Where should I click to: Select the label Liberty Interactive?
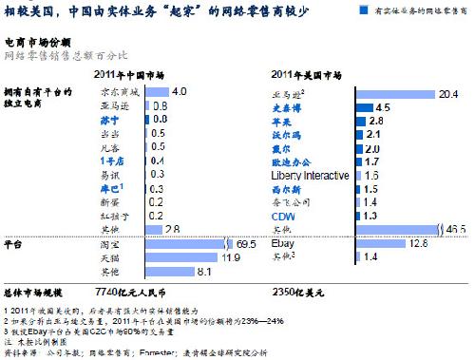pyautogui.click(x=318, y=176)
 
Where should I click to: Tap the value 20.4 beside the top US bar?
pyautogui.click(x=446, y=94)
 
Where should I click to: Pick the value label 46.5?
pyautogui.click(x=457, y=230)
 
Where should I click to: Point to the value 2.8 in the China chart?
pyautogui.click(x=171, y=230)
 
